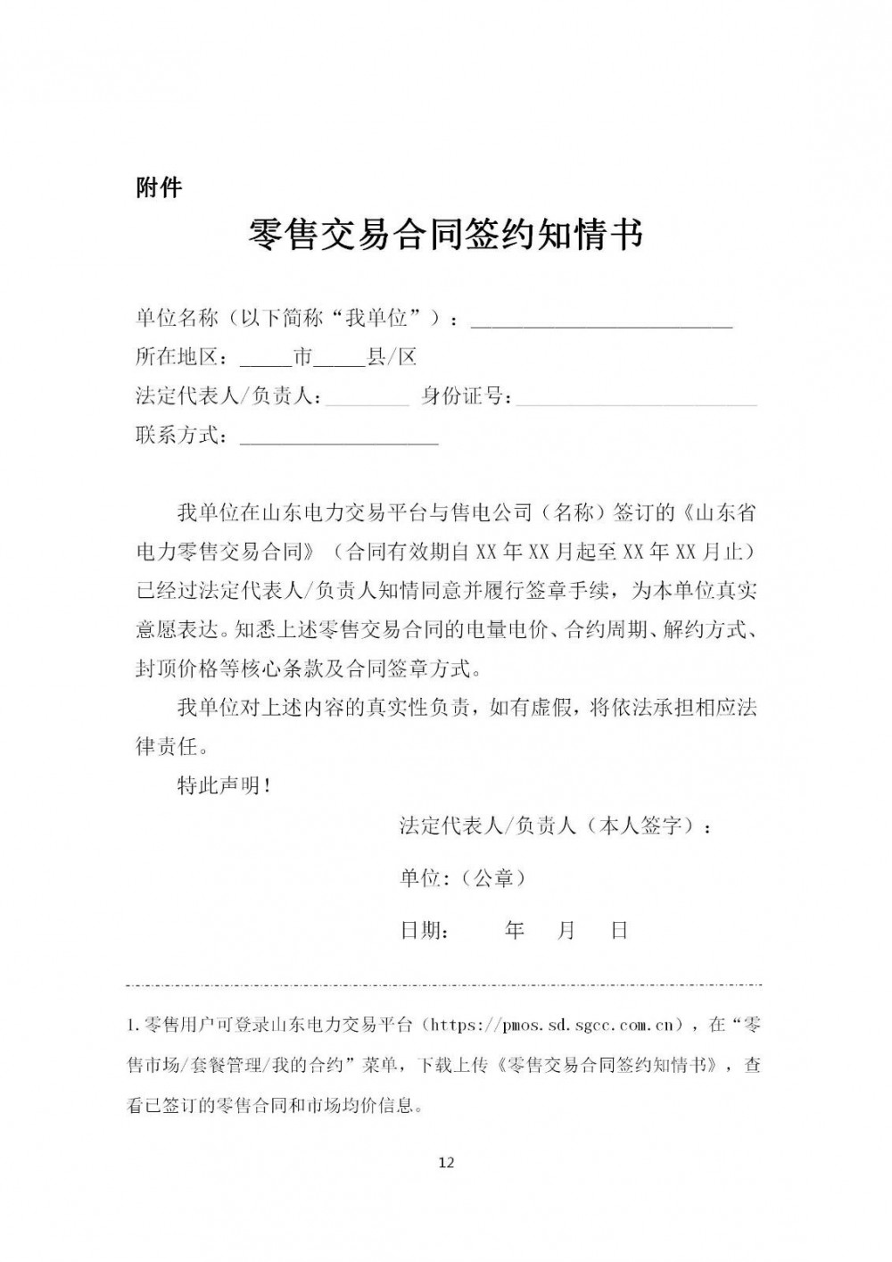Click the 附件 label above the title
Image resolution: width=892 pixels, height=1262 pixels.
click(x=159, y=188)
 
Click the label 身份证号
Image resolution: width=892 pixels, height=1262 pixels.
click(x=465, y=397)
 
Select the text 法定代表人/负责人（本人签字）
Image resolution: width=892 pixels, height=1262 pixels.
click(x=555, y=826)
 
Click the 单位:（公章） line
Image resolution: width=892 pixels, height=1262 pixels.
click(x=463, y=878)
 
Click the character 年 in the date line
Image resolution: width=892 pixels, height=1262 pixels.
click(x=515, y=931)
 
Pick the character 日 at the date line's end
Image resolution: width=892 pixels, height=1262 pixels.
click(x=620, y=931)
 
